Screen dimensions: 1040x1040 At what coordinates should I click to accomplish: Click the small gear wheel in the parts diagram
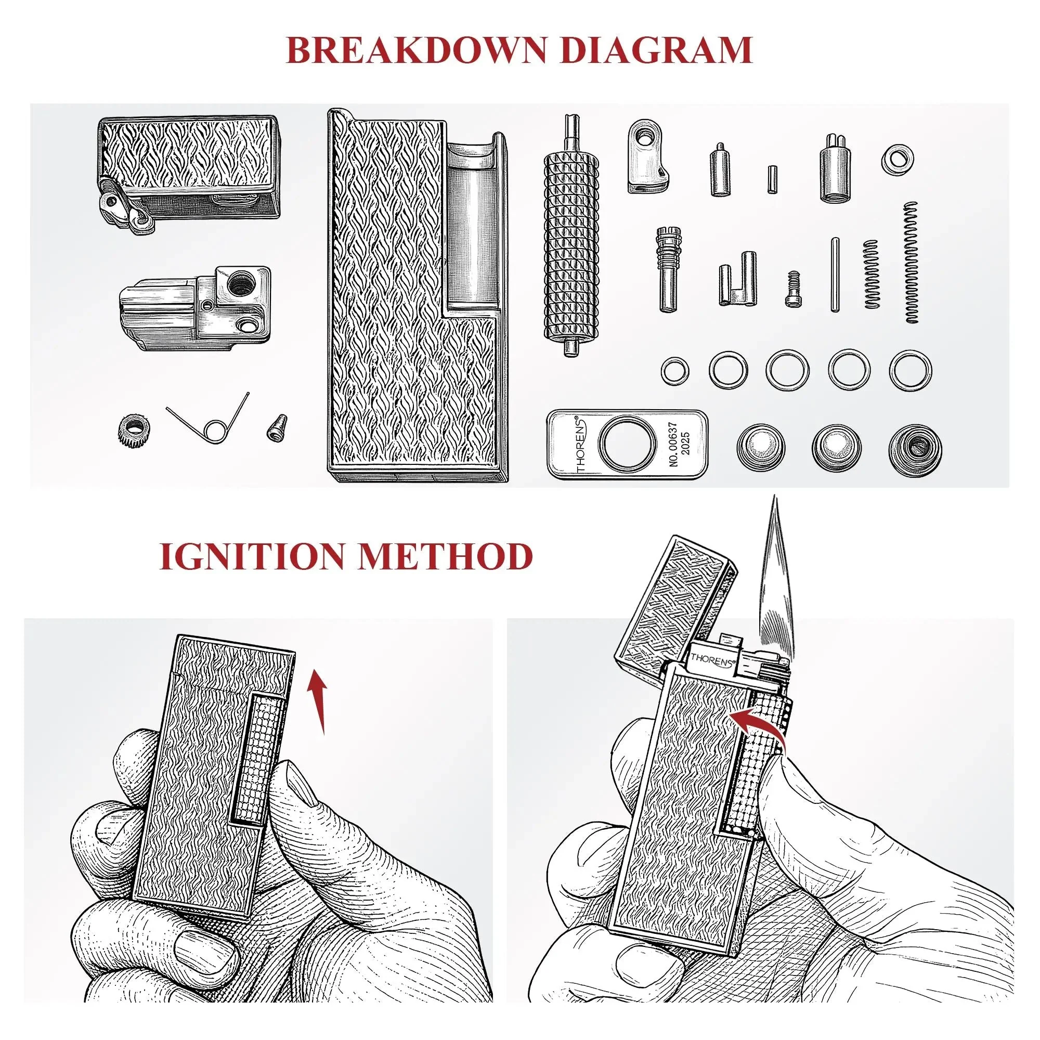coord(133,431)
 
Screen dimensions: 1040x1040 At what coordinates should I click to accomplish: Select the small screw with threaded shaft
coord(791,289)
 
